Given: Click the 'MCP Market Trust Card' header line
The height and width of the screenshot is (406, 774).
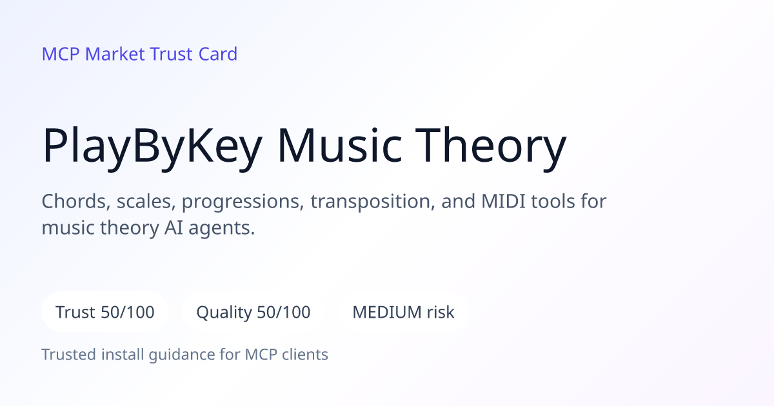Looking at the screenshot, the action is (139, 54).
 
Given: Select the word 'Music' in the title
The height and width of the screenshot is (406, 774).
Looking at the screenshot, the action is (340, 145).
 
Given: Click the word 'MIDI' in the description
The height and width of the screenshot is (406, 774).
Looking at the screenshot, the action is (504, 201).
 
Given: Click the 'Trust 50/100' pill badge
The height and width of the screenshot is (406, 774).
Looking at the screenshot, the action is (105, 312).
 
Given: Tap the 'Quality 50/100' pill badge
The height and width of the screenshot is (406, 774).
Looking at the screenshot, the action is (253, 312).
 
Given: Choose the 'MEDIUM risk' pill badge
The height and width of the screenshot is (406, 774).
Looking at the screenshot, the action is (403, 312).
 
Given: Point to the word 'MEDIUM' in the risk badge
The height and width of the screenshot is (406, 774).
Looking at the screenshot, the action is (387, 312).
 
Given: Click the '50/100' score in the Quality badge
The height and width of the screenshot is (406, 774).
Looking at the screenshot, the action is (284, 312).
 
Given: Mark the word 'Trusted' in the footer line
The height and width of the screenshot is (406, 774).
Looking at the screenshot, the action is (69, 354).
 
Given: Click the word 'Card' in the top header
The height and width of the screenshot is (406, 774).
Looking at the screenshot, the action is (218, 54).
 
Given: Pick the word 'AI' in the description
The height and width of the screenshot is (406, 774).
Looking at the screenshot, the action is (174, 228).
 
